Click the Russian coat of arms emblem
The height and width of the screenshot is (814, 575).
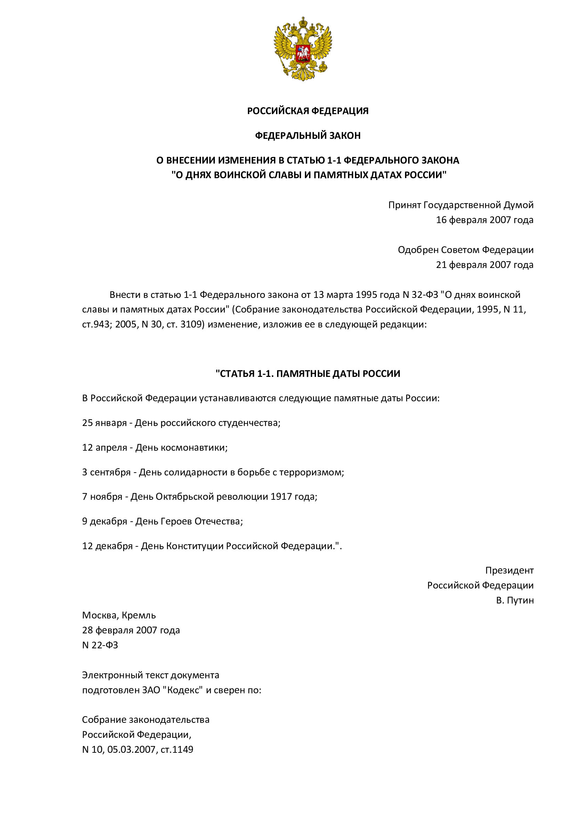point(303,49)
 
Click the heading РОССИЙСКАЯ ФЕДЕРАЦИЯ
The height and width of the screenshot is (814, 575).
point(308,111)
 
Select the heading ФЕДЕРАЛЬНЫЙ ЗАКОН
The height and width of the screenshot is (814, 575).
point(308,135)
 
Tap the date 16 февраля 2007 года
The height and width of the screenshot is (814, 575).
point(484,220)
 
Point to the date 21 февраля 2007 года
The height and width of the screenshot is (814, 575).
point(484,265)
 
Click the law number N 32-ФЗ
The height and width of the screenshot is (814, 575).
point(420,295)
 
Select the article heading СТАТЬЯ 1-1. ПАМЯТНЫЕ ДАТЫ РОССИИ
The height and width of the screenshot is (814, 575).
point(308,374)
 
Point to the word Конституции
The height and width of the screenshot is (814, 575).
point(195,546)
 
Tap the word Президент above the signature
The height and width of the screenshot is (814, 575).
point(509,570)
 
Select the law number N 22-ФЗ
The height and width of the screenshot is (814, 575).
point(100,645)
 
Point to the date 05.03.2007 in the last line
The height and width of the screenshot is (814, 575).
point(131,750)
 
